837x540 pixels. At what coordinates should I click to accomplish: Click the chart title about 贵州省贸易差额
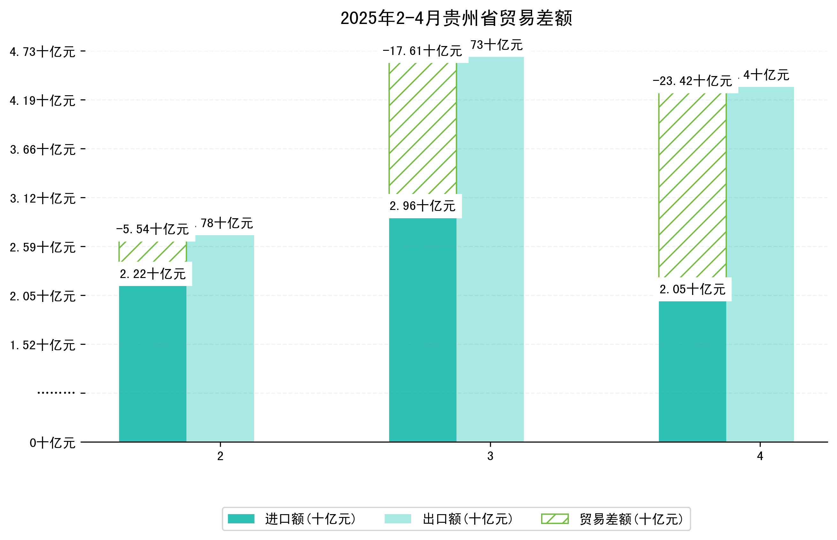456,18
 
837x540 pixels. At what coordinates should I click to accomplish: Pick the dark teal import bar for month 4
692,371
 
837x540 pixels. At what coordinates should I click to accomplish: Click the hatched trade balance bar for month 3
422,128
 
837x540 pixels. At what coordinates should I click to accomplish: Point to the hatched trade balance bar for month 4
692,185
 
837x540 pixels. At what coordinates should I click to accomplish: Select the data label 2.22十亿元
153,274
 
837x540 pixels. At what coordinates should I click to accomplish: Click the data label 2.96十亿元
422,206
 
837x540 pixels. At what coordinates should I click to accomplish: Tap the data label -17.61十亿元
422,51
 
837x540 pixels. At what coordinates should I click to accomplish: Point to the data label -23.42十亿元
692,81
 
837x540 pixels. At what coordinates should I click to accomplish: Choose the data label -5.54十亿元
153,229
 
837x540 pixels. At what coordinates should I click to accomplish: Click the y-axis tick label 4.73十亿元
42,52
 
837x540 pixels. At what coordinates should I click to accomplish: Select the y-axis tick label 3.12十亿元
42,198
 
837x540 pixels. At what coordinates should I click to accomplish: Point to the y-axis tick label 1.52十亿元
42,345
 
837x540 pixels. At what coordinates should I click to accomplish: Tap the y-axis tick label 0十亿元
52,443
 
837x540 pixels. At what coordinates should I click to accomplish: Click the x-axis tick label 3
490,456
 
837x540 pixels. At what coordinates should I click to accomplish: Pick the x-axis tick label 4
760,456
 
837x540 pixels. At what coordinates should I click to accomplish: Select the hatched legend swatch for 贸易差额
554,519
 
